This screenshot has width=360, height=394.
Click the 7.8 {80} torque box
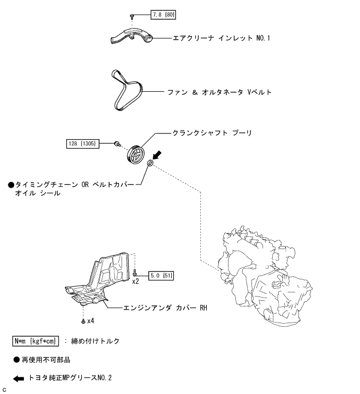point(163,15)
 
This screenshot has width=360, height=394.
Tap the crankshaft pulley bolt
point(118,143)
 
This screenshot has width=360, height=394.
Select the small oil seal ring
point(150,164)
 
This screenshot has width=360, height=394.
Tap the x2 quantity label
point(135,281)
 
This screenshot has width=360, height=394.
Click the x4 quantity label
point(90,321)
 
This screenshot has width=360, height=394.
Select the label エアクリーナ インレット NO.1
point(221,38)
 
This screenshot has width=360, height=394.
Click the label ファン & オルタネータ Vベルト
point(219,92)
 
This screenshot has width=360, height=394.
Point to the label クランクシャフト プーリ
point(212,133)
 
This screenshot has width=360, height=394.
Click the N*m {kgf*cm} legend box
point(36,341)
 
